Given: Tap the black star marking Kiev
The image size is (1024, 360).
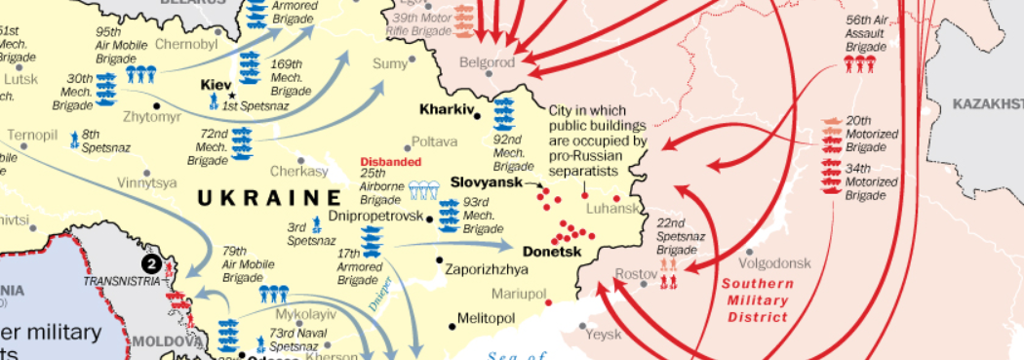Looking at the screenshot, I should pos(232,96).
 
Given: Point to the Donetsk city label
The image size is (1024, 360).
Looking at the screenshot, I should pos(551,252).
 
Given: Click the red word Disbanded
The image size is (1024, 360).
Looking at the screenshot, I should pos(390,162).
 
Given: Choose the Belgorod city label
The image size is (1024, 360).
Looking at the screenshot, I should pos(488,62).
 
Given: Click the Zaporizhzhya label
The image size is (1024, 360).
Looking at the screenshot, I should pos(487,269).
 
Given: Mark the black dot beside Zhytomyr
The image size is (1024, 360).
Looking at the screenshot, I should pos(155,103).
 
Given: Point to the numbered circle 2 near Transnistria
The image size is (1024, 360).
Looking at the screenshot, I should pos(150,262).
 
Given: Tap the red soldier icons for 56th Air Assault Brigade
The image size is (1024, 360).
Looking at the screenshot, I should pos(860,65).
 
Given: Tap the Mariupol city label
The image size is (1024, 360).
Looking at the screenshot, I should pos(519,294).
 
